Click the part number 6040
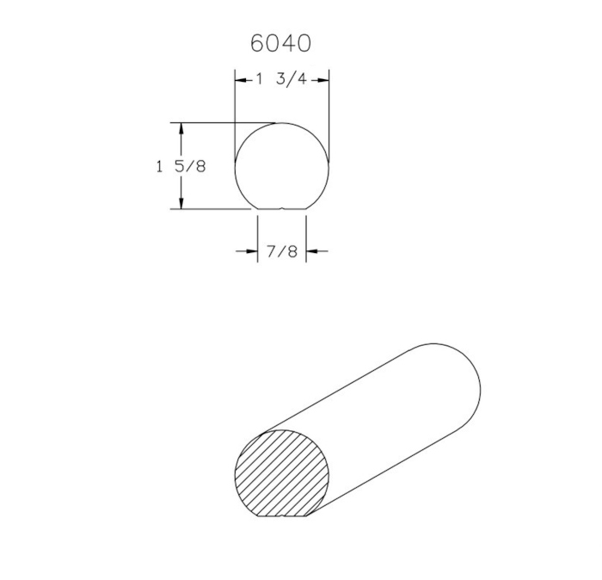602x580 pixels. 280,43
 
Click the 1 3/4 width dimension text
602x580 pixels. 281,79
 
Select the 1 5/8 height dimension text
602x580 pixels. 181,166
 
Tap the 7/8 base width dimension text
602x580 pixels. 282,251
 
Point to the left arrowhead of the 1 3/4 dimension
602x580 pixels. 241,80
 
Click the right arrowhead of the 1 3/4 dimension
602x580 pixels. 323,80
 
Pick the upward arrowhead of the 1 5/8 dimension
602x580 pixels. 181,129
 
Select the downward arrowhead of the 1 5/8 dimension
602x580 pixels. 181,203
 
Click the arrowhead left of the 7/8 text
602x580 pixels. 251,251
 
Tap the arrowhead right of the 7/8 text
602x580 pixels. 311,251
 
